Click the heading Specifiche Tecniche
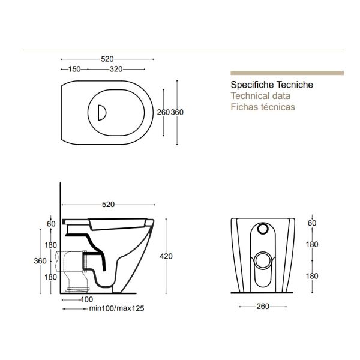click(271, 86)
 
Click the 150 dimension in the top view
click(74, 69)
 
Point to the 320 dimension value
click(117, 69)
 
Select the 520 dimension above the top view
click(107, 59)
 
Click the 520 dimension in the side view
click(107, 205)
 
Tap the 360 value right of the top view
click(178, 113)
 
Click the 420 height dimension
click(166, 257)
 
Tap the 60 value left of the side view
click(51, 224)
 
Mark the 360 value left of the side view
click(39, 261)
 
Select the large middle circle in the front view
click(262, 259)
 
